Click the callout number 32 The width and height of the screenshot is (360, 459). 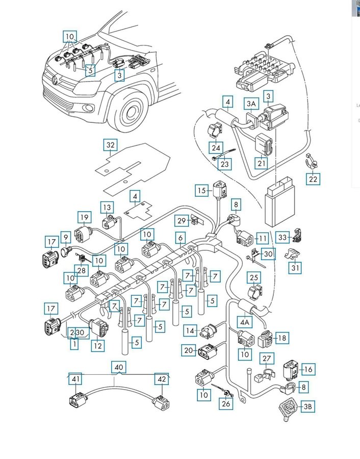point(111,145)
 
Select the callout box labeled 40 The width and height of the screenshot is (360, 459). point(118,367)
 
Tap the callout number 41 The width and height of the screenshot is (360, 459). point(75,379)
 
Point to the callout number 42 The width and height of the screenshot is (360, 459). point(161,379)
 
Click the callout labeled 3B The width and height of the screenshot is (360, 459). point(307,406)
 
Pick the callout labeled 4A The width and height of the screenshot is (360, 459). point(244,322)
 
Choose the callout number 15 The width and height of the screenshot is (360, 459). point(202,191)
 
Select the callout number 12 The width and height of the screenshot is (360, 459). point(97,345)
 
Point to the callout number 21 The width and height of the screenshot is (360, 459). point(262,163)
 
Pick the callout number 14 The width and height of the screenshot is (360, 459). point(190,330)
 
